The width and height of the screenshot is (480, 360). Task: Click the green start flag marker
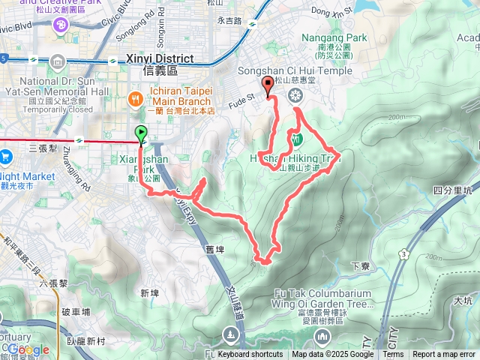pyautogui.click(x=142, y=135)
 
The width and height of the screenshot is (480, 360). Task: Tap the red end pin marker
pyautogui.click(x=268, y=85)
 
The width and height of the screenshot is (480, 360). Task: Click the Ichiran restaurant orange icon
pyautogui.click(x=135, y=97)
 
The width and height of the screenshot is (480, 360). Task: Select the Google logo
pyautogui.click(x=28, y=349)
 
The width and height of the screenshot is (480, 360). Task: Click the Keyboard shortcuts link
pyautogui.click(x=250, y=355)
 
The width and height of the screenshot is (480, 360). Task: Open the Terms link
pyautogui.click(x=393, y=355)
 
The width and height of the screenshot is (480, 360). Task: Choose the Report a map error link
pyautogui.click(x=444, y=355)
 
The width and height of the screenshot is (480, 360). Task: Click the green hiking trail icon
pyautogui.click(x=296, y=139)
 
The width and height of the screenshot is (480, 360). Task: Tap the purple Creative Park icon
pyautogui.click(x=58, y=25)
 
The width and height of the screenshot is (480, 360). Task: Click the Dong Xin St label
pyautogui.click(x=331, y=11)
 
